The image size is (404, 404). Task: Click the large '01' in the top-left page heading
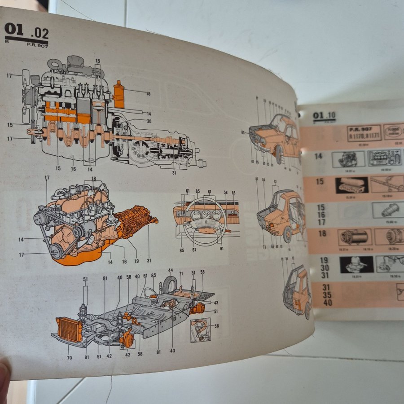[13, 30]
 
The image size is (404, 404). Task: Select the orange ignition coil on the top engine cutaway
[119, 94]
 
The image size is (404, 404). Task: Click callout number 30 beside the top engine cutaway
[149, 121]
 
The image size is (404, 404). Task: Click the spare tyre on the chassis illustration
[170, 285]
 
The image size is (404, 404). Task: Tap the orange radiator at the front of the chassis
[69, 329]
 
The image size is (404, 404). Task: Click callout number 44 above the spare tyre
[171, 271]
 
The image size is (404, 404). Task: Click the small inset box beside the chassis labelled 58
[200, 329]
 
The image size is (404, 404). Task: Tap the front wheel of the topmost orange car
[279, 155]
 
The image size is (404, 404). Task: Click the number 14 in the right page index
[319, 156]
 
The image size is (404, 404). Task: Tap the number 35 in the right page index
[327, 295]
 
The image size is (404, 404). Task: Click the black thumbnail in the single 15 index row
[352, 184]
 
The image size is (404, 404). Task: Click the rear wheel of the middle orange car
[287, 234]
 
